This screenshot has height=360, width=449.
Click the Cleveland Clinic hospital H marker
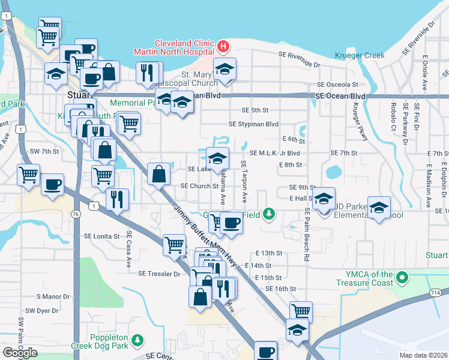point(223,46)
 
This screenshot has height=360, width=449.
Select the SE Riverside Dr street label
point(299,59)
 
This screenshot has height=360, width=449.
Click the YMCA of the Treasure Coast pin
point(402,278)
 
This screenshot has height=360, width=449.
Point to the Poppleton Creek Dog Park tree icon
point(138,341)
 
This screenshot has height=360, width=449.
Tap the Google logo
point(20,353)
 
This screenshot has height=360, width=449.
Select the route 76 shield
point(75,214)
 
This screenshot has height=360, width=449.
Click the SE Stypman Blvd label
point(253,124)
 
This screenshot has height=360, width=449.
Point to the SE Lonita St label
point(102,236)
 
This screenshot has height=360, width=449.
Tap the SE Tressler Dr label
point(159,274)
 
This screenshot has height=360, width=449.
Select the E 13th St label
point(268,253)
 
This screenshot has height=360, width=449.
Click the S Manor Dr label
point(53,296)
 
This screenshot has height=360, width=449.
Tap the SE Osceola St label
point(337,85)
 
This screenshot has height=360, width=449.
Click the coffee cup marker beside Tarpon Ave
point(231,223)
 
